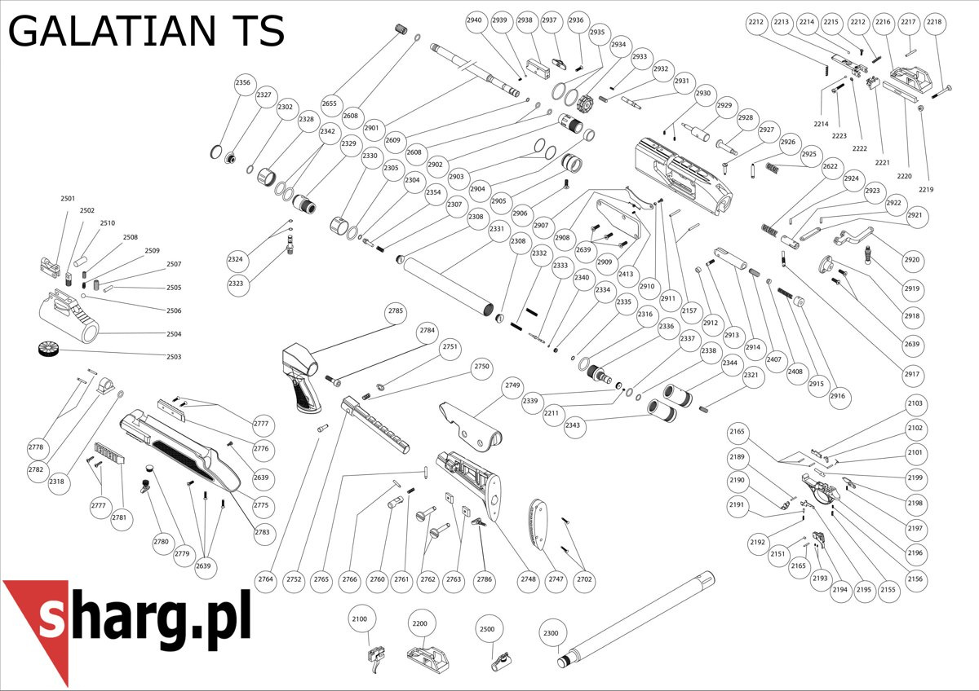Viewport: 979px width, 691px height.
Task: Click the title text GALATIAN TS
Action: pos(146,32)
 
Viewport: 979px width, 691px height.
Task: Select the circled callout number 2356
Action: pos(243,82)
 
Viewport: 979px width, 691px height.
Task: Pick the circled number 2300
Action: pos(552,633)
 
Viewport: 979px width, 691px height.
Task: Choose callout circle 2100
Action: pos(360,619)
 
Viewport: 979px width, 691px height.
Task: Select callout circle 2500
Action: pos(487,629)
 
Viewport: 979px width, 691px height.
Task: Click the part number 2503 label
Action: pos(174,357)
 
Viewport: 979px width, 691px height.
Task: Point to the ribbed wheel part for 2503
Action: pos(49,350)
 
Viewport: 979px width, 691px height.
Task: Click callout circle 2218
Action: pos(934,22)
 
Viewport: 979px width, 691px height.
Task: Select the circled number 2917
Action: pos(912,374)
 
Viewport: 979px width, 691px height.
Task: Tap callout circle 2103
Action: pos(915,403)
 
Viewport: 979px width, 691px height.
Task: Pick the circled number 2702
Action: pos(584,579)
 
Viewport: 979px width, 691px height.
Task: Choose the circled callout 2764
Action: pos(266,579)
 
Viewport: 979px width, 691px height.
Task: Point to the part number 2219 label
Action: pos(925,189)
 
